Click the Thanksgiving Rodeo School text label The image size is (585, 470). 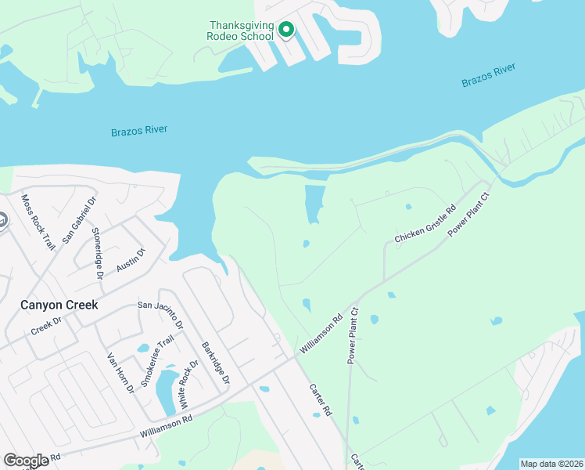point(240,31)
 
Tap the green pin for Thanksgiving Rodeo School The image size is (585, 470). point(286,31)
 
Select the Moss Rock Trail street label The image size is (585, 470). point(38,222)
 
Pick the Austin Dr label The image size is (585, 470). point(131,260)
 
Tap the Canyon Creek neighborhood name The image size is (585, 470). point(59,305)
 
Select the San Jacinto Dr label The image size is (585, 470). point(160,313)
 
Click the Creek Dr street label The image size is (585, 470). point(46,324)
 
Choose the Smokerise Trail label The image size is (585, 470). point(156,361)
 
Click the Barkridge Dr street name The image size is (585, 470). point(215,362)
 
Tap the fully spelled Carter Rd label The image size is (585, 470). point(321,400)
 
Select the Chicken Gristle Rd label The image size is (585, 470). point(425,226)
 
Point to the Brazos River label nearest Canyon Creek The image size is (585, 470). point(139,131)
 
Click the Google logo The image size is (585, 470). point(26,460)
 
